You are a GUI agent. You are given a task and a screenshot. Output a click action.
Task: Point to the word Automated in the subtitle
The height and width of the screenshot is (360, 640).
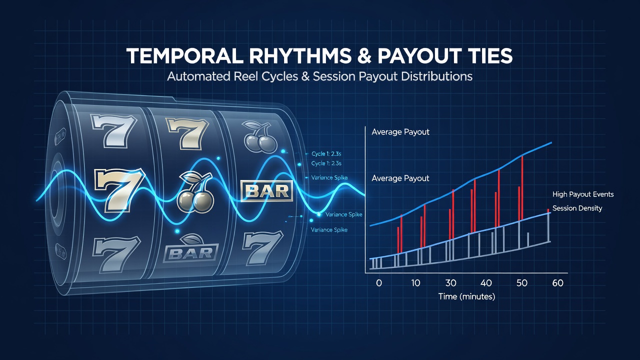[198, 76]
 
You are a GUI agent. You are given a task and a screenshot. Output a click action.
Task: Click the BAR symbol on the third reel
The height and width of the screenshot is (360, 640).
[267, 191]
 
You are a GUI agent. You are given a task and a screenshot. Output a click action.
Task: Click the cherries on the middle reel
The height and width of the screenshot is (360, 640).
[195, 192]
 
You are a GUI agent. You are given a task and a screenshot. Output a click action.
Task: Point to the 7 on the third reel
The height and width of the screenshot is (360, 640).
[262, 248]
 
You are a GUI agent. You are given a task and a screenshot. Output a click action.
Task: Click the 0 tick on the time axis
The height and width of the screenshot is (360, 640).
[379, 283]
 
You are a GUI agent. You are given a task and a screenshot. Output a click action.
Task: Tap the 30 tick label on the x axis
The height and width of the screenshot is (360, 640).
[450, 283]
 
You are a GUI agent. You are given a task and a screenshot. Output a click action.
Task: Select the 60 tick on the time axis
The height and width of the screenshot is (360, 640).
[557, 283]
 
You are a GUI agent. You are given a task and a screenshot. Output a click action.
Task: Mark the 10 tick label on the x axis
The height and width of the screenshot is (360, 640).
[415, 283]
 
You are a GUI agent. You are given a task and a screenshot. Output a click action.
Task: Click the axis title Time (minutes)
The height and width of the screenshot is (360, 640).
[466, 296]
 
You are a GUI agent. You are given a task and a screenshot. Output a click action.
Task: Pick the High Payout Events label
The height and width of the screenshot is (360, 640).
[583, 194]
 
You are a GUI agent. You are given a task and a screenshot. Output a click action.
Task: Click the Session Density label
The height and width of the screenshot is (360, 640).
[577, 208]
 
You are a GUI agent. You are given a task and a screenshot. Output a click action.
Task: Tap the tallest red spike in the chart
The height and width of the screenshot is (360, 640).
[522, 187]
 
